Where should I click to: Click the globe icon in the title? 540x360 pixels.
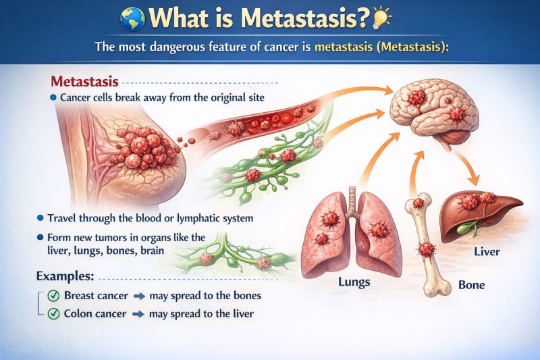(132, 18)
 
